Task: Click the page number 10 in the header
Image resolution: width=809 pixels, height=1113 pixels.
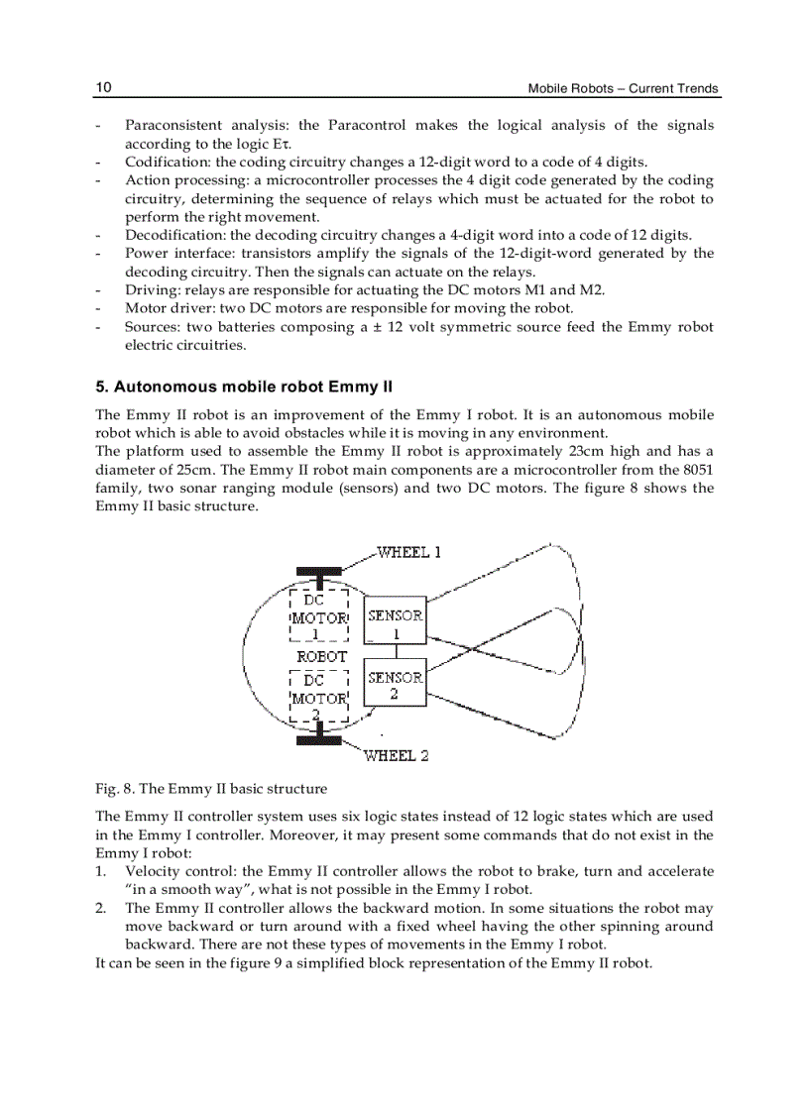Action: coord(103,87)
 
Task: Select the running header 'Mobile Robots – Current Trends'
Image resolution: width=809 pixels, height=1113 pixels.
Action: coord(623,88)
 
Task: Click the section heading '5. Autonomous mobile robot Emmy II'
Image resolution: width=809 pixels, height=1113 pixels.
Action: coord(244,387)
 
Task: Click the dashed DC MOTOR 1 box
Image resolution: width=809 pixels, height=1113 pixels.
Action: coord(317,617)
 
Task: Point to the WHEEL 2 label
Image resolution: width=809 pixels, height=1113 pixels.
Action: coord(396,755)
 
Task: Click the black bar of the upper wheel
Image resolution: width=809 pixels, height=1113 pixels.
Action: coord(318,572)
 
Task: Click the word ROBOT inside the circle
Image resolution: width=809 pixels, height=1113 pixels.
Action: coord(322,656)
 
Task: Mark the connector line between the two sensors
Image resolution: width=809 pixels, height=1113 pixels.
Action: coord(396,652)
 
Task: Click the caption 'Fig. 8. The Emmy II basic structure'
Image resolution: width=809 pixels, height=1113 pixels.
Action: coord(210,789)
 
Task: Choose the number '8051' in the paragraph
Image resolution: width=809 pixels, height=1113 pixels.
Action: coord(692,470)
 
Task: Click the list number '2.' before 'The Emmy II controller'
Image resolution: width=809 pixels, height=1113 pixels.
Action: coord(101,908)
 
